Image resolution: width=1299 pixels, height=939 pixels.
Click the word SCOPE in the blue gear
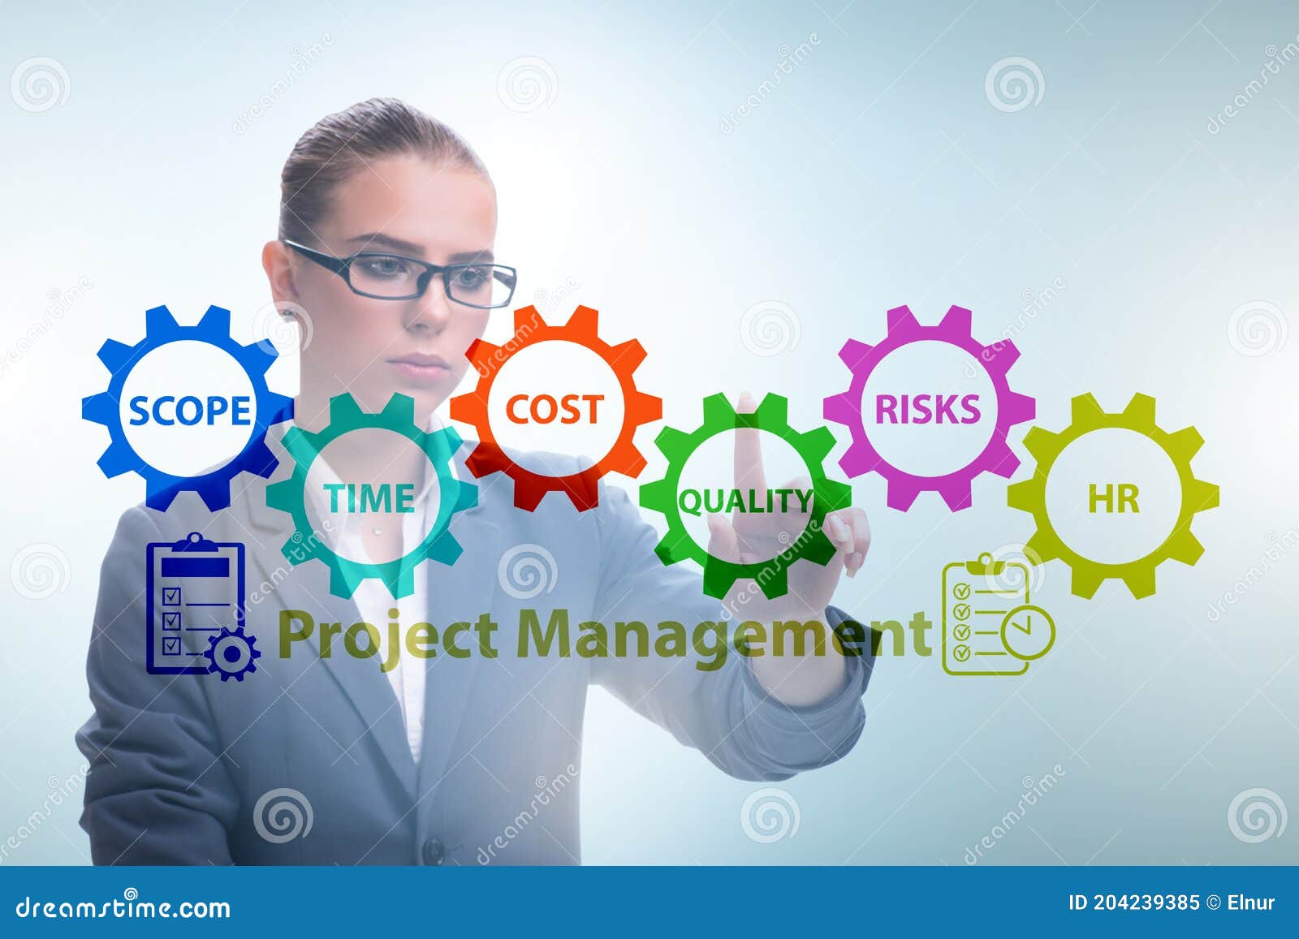click(x=189, y=411)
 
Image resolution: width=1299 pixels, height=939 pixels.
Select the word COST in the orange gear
click(x=555, y=409)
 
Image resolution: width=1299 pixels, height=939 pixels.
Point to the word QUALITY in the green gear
click(x=744, y=502)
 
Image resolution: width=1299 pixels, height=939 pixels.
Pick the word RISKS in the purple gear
click(x=927, y=409)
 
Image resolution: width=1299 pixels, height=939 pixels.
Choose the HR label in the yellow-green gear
click(x=1113, y=500)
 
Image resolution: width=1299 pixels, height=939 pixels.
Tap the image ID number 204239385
click(x=1146, y=902)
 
